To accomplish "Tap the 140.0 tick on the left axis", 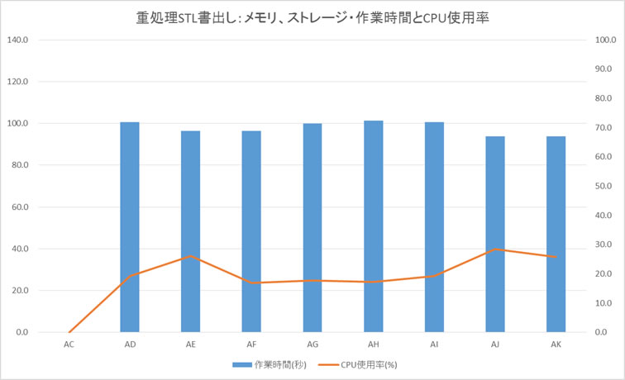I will tap(17, 40).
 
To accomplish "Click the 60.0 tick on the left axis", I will tap(19, 207).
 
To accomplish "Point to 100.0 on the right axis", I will tap(607, 40).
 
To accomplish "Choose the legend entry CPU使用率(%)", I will tap(368, 364).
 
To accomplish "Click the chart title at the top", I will tap(312, 16).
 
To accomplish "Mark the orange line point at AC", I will tap(69, 332).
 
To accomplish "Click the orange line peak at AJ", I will tap(495, 249).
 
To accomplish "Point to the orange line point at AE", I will tap(191, 256).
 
